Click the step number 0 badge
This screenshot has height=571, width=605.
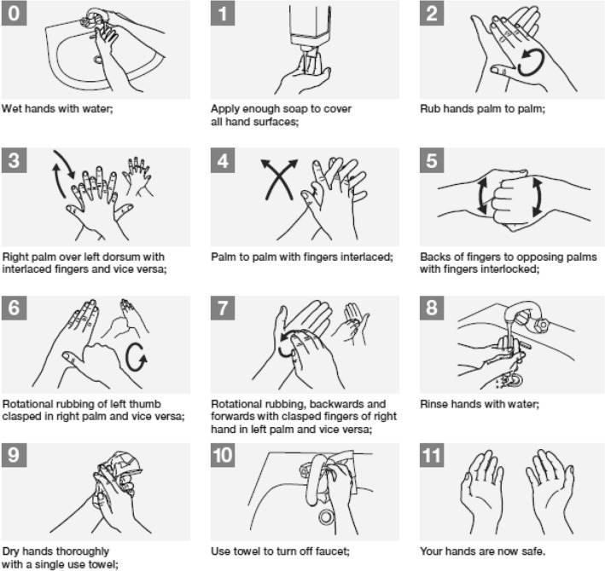pos(14,14)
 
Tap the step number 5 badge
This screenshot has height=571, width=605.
pos(432,161)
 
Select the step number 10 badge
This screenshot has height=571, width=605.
pos(223,455)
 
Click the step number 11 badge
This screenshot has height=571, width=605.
pos(432,455)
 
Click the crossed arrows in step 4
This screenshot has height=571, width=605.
pos(279,180)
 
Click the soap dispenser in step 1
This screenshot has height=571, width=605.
pos(310,31)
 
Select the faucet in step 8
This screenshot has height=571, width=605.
pos(528,317)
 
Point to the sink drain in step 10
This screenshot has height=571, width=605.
pos(327,517)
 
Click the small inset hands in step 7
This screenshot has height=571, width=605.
pos(352,323)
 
